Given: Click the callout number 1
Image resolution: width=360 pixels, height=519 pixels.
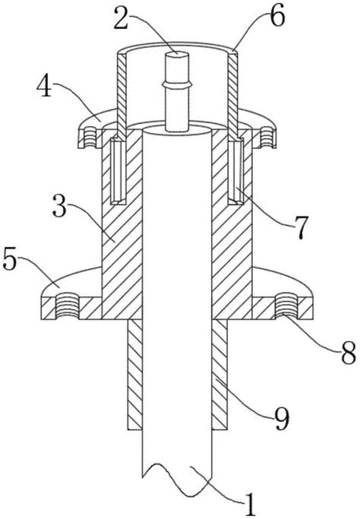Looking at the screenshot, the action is pyautogui.click(x=250, y=505).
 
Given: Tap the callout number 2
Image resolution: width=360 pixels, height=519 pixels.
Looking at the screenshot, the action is pyautogui.click(x=124, y=18).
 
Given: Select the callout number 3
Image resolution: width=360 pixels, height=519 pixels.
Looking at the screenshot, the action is pyautogui.click(x=59, y=206).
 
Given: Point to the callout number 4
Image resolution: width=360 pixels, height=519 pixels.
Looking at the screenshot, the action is pyautogui.click(x=44, y=86).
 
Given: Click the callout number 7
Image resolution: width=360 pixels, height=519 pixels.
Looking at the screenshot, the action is pyautogui.click(x=301, y=227).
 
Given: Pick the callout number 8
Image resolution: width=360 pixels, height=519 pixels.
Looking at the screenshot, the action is pyautogui.click(x=348, y=353).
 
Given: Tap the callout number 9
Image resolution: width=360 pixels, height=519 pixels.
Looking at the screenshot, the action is pyautogui.click(x=281, y=418).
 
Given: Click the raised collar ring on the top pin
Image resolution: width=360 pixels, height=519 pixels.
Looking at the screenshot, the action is pyautogui.click(x=177, y=85).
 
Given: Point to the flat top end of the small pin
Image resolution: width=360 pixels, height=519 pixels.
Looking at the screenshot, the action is pyautogui.click(x=177, y=53).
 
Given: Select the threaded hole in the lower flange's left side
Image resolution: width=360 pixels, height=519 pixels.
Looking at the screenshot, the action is pyautogui.click(x=67, y=306).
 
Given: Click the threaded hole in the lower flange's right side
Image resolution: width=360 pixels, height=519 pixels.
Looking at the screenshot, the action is pyautogui.click(x=287, y=306).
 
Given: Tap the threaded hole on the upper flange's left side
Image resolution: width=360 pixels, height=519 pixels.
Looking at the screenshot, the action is pyautogui.click(x=90, y=138).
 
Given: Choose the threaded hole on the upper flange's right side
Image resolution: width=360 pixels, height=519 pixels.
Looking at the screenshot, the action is pyautogui.click(x=267, y=138).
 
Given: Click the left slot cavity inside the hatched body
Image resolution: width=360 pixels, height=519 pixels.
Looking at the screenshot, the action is pyautogui.click(x=118, y=171).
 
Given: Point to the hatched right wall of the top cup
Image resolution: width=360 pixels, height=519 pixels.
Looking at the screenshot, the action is pyautogui.click(x=233, y=97).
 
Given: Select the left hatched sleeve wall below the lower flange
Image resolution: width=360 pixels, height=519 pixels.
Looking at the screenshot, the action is pyautogui.click(x=135, y=375).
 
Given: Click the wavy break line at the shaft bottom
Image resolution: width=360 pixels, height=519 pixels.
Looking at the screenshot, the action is pyautogui.click(x=177, y=480).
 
